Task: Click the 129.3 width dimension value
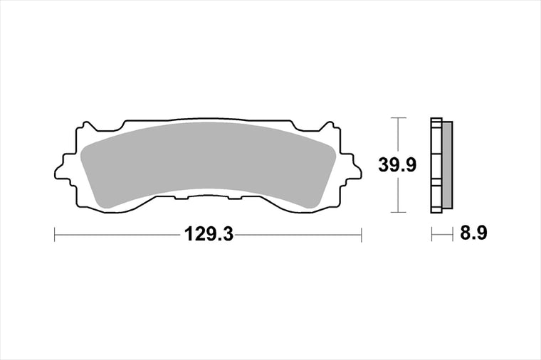209,235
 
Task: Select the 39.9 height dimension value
397,165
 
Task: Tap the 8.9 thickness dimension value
473,233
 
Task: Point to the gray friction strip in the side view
447,165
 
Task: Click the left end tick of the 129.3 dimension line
55,235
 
